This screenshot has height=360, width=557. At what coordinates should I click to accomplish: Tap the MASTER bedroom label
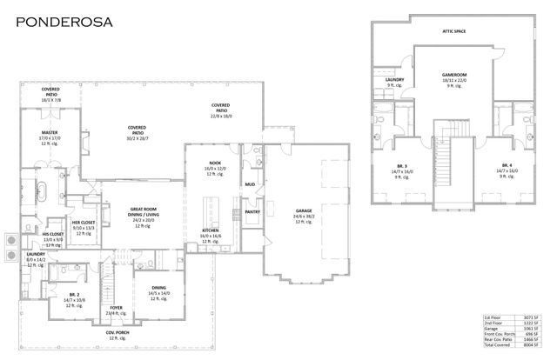tap(48, 133)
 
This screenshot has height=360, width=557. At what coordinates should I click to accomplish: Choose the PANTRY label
tap(253, 211)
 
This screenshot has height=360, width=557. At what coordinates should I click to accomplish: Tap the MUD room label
tap(250, 184)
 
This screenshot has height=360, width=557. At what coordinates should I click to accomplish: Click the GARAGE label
tap(303, 210)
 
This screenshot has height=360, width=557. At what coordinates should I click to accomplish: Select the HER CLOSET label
tap(84, 223)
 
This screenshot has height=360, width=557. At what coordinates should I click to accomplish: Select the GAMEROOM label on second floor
tap(455, 76)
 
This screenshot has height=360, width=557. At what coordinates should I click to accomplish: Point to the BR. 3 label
tap(402, 164)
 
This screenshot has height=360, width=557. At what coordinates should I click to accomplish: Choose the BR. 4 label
tap(507, 164)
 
